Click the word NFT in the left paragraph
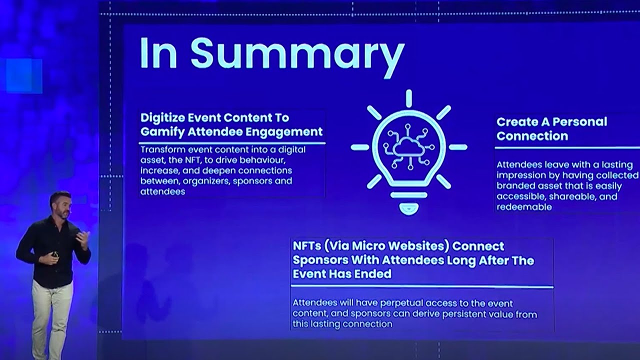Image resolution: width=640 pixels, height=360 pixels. click(x=193, y=160)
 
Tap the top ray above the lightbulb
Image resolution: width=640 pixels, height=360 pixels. click(x=409, y=98)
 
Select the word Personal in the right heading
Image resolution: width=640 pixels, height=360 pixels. click(x=580, y=122)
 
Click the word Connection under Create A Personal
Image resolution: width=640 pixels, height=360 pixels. click(x=532, y=136)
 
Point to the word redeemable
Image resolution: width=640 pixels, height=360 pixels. click(x=524, y=207)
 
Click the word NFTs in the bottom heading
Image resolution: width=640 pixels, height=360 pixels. click(x=307, y=246)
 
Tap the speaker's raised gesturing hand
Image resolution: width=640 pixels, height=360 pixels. click(x=83, y=240)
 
